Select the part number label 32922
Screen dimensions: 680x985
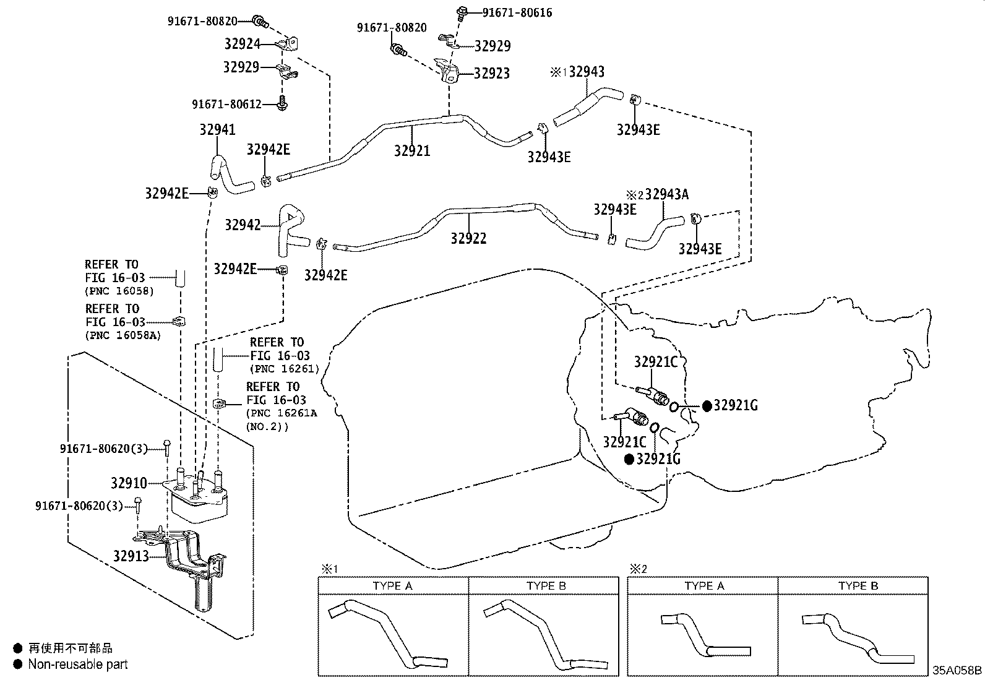click(468, 238)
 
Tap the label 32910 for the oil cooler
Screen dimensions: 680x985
click(129, 483)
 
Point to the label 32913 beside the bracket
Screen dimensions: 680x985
click(131, 556)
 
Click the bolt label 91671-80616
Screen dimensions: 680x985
click(517, 12)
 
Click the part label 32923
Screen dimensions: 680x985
click(491, 73)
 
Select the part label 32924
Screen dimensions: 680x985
click(242, 45)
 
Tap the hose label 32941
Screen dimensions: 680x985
click(217, 129)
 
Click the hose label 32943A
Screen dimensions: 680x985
click(666, 194)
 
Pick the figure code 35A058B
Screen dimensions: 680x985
click(957, 670)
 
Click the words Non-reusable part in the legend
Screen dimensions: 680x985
click(78, 665)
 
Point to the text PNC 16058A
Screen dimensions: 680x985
click(119, 335)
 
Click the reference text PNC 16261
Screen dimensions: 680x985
click(284, 369)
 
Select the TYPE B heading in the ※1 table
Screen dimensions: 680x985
click(546, 586)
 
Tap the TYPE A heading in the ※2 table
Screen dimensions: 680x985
click(703, 586)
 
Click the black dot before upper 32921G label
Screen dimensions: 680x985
click(707, 406)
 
